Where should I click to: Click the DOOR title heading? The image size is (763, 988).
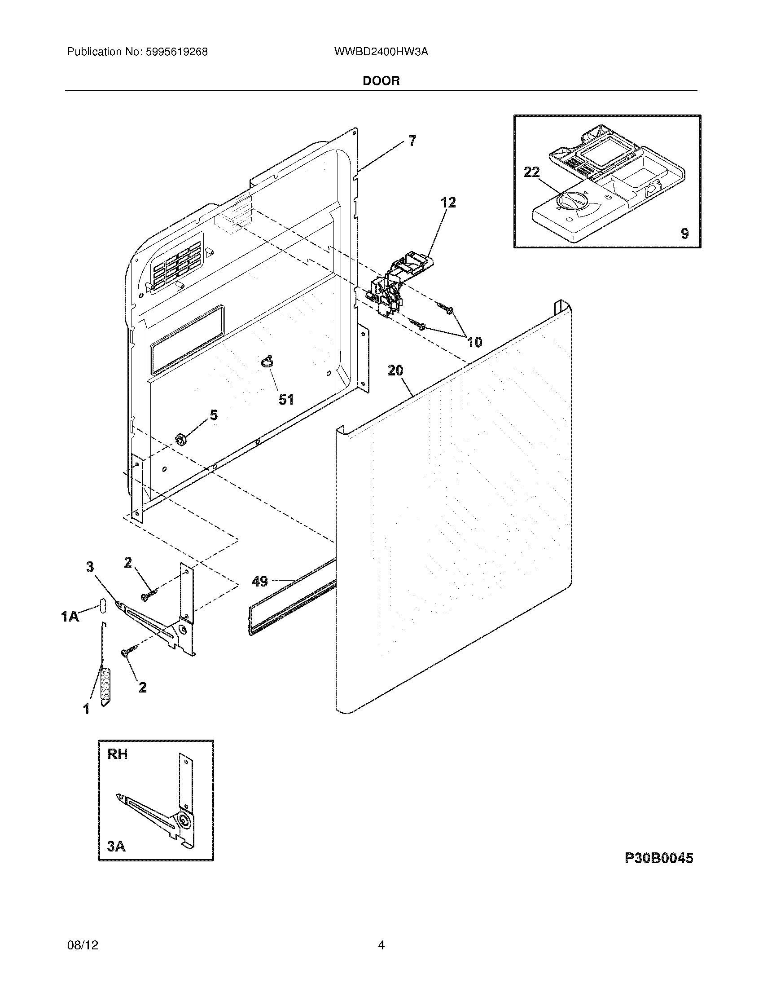(x=381, y=81)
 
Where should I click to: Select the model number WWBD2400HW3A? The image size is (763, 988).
(x=381, y=52)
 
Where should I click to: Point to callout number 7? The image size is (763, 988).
(x=412, y=141)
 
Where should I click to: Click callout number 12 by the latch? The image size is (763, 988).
(x=448, y=202)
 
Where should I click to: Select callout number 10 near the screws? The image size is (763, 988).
(x=474, y=342)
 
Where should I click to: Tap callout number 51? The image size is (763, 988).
(x=285, y=399)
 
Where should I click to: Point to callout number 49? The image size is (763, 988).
(x=259, y=581)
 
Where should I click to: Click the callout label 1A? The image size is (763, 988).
(x=70, y=616)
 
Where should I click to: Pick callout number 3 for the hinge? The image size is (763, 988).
(x=90, y=566)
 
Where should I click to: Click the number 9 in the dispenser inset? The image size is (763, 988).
(x=684, y=234)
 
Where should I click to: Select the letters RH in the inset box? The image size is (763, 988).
(x=118, y=754)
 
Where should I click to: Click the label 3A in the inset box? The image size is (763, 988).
(x=117, y=846)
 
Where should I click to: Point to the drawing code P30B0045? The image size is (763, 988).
(x=658, y=858)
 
